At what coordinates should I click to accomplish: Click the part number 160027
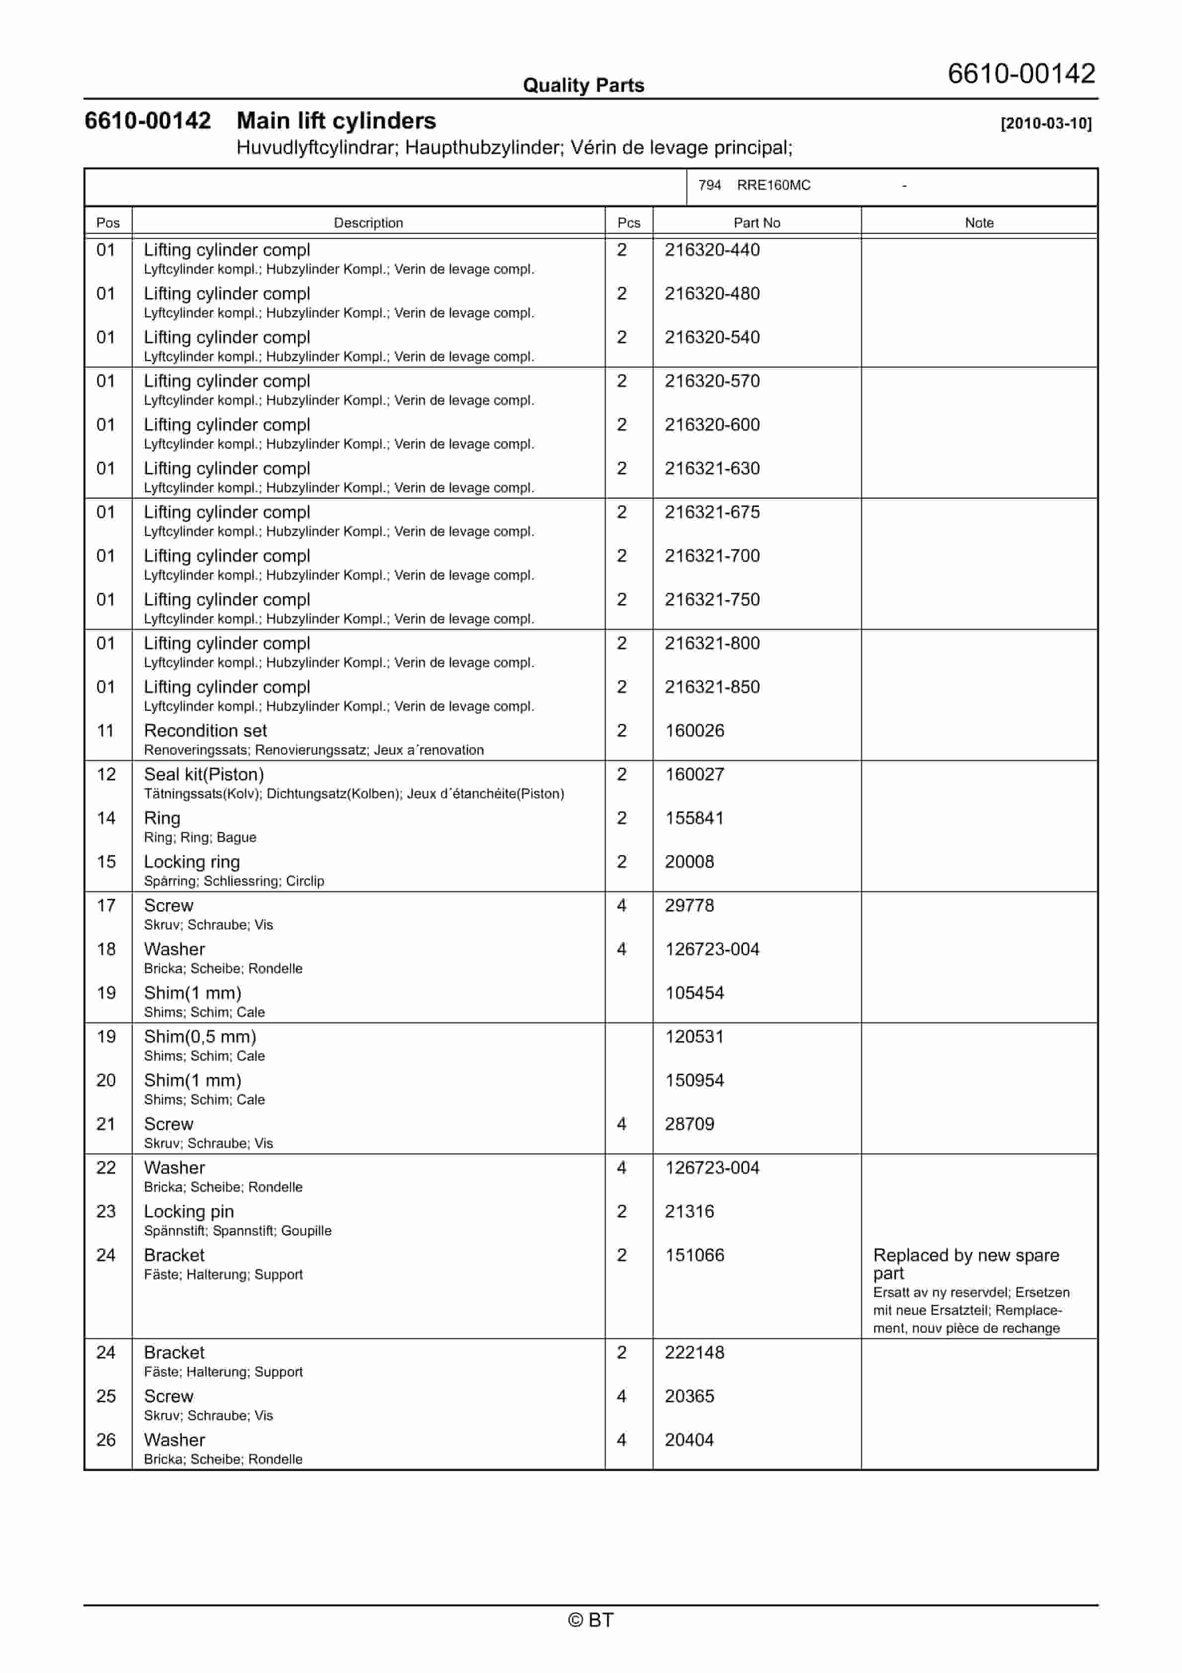694,774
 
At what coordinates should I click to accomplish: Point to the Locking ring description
192,862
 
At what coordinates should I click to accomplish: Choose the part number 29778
689,906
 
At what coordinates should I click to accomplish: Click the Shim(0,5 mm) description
200,1037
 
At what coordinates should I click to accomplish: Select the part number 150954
694,1080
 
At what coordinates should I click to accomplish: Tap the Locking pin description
189,1212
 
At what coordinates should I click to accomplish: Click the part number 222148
694,1353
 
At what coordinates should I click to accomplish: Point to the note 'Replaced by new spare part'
965,1264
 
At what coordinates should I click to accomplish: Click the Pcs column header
628,223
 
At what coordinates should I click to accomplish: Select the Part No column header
756,223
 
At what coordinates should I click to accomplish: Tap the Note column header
979,223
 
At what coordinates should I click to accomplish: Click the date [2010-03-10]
1046,123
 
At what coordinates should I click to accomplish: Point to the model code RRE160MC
773,185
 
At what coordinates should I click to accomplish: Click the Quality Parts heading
583,85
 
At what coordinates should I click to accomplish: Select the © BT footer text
591,1620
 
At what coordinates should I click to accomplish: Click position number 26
106,1441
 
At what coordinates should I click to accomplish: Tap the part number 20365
689,1397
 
